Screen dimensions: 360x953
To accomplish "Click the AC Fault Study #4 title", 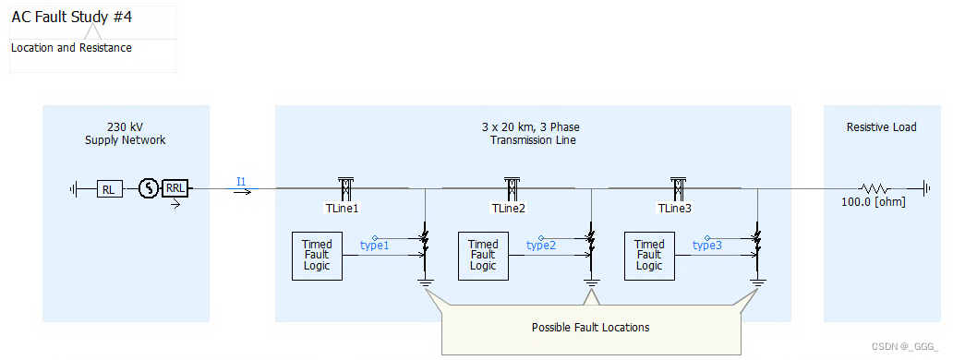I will click(72, 17).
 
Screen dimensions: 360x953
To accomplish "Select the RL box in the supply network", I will click(108, 189).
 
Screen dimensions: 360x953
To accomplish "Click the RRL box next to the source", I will click(175, 189).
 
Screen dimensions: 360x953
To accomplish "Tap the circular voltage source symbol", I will click(147, 189).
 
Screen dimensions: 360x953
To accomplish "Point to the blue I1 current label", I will click(241, 182).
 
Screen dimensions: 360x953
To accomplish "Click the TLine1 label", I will click(341, 208).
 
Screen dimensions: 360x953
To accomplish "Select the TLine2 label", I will click(508, 208).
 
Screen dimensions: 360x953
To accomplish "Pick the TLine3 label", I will click(674, 208).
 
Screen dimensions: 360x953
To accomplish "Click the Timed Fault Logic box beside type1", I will click(316, 255).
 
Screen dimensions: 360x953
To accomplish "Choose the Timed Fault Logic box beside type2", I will click(483, 255).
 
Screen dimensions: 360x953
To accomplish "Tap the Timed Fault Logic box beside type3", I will click(649, 255).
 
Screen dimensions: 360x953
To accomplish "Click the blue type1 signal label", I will click(375, 246).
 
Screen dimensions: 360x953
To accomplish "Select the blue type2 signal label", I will click(541, 246).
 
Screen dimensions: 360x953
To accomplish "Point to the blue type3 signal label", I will click(707, 246).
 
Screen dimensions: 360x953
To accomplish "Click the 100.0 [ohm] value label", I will click(874, 201).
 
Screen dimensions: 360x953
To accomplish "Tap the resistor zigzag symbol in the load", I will click(873, 188).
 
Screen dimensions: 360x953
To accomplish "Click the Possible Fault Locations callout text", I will click(590, 328).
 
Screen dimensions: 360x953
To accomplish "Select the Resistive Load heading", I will click(881, 127).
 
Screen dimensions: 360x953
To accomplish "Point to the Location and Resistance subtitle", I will click(71, 47).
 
